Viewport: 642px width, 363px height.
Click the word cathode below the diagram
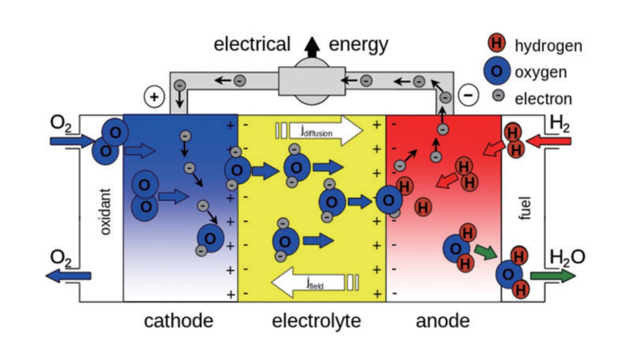click(178, 321)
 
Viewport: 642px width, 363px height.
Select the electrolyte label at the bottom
click(316, 321)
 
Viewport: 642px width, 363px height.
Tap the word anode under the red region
click(442, 321)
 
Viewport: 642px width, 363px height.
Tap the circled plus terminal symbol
click(154, 96)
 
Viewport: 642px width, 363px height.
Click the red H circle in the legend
click(496, 43)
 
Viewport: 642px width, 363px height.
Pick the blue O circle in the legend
click(496, 71)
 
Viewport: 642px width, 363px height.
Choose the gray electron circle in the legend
click(498, 95)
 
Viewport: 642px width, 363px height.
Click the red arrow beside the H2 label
click(549, 141)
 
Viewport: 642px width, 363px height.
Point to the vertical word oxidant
click(105, 211)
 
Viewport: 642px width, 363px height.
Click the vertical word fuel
click(524, 208)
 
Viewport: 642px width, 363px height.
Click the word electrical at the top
click(252, 44)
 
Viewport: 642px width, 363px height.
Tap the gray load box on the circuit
click(312, 81)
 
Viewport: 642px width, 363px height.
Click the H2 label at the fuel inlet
click(559, 124)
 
